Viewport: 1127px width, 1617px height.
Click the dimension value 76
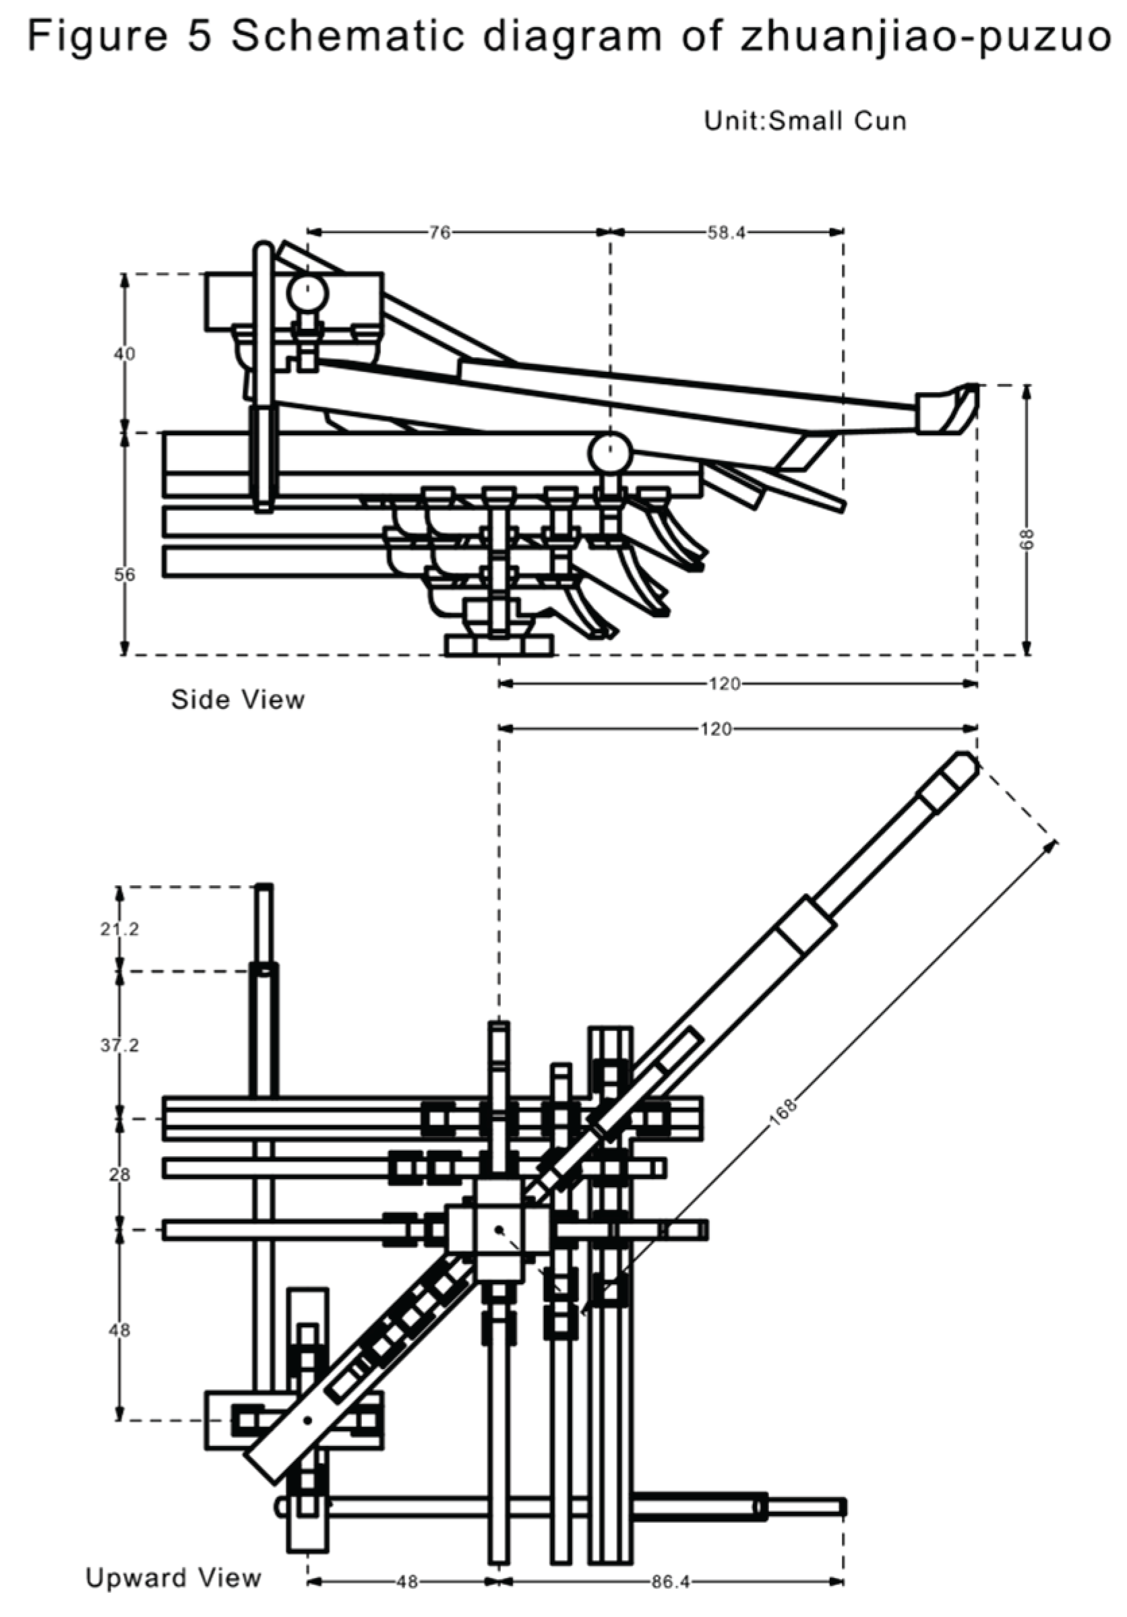click(439, 232)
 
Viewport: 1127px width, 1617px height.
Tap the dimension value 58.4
click(725, 232)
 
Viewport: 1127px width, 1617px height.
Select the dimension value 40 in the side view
click(125, 354)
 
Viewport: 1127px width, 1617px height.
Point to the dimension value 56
click(125, 574)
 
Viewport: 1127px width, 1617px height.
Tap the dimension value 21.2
click(119, 929)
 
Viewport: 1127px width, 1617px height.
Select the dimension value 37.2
click(119, 1045)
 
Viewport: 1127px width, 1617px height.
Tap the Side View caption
click(237, 699)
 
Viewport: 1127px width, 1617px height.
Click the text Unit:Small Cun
click(805, 121)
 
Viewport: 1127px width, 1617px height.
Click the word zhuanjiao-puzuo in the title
click(924, 36)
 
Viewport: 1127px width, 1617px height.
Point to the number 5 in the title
click(200, 36)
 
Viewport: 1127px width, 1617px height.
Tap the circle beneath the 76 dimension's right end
click(610, 453)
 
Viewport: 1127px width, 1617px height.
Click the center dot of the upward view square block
click(499, 1229)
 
